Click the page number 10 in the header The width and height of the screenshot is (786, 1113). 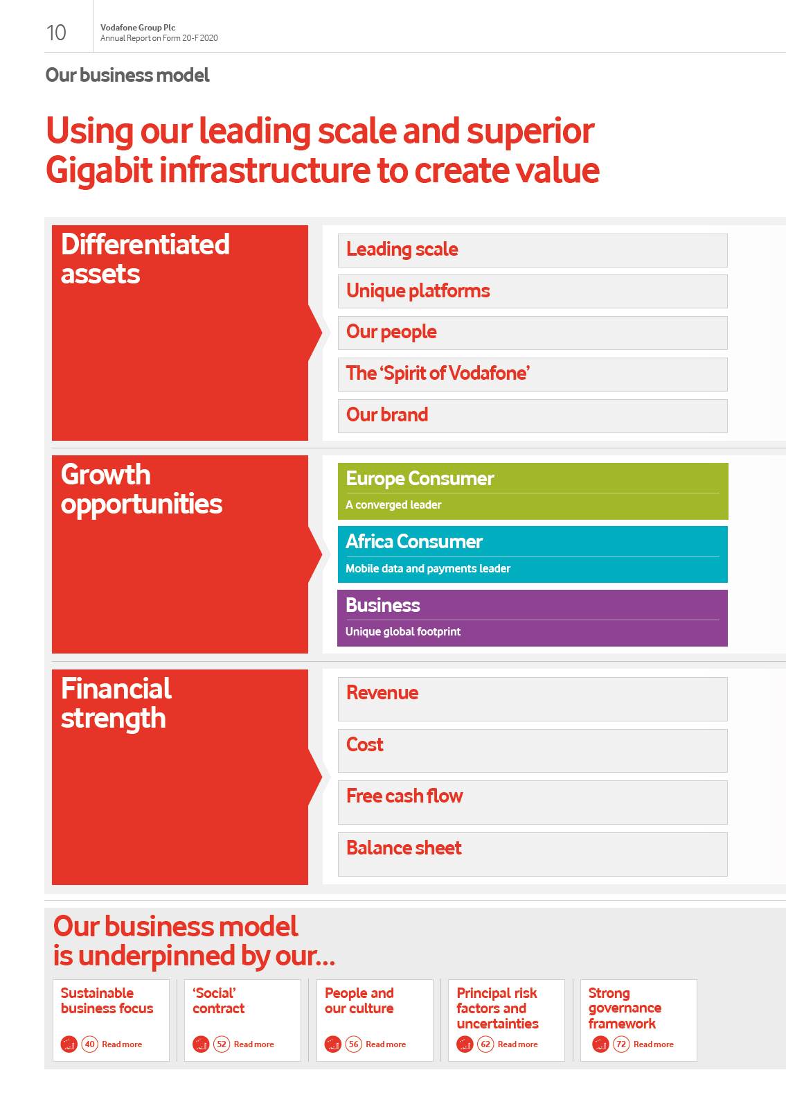coord(56,33)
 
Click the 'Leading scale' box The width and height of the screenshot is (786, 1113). coord(533,250)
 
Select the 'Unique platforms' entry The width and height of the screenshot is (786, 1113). coord(533,291)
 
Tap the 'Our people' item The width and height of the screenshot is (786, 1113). coord(533,333)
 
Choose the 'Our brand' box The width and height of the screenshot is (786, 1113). coord(533,416)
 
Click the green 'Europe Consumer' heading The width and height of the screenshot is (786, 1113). coord(420,478)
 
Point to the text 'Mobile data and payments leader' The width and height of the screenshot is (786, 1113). coord(428,568)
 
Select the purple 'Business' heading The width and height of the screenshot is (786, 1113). coord(383,605)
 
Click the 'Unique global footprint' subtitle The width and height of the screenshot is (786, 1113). coord(403,631)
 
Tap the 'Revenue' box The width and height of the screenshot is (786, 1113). coord(533,699)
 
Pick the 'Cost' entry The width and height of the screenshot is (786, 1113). coord(533,751)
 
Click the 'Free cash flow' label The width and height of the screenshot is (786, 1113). coord(404,796)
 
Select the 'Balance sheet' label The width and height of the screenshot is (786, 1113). coord(404,848)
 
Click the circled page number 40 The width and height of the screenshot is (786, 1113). coord(90,1044)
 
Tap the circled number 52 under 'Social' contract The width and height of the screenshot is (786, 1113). coord(222,1044)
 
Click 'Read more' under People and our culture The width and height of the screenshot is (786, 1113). coord(386,1044)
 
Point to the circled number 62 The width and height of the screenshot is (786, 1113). coord(485,1044)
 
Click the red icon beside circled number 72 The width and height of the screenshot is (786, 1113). coord(600,1044)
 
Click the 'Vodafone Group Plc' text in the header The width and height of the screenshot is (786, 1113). coord(138,28)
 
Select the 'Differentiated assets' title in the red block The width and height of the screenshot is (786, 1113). coord(145,259)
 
